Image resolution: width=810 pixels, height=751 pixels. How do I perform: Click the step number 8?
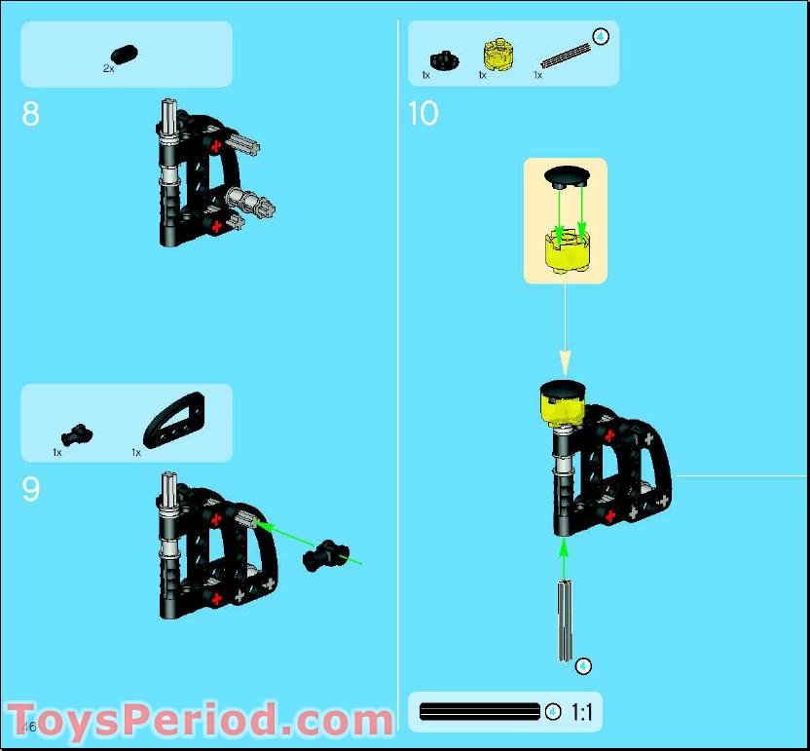pyautogui.click(x=31, y=114)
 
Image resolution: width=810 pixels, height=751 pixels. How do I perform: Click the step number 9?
pyautogui.click(x=31, y=489)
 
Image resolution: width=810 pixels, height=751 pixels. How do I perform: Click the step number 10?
pyautogui.click(x=423, y=114)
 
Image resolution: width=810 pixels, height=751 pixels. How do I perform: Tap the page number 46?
pyautogui.click(x=28, y=727)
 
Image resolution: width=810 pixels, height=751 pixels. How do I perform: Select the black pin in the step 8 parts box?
pyautogui.click(x=125, y=55)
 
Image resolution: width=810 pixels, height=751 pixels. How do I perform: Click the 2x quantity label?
pyautogui.click(x=108, y=69)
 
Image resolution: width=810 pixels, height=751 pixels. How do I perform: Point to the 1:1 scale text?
pyautogui.click(x=582, y=712)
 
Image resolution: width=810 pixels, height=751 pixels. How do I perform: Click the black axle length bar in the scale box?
pyautogui.click(x=479, y=712)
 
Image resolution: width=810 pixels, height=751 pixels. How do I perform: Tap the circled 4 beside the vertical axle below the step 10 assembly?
pyautogui.click(x=582, y=666)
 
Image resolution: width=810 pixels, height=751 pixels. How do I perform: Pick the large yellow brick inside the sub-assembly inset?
pyautogui.click(x=565, y=247)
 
